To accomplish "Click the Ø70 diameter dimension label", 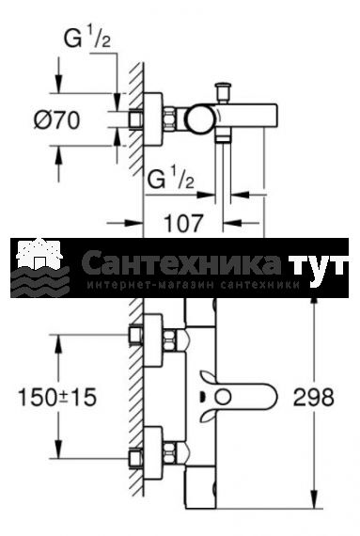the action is pos(57,120).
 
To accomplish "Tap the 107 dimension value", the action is pos(183,223).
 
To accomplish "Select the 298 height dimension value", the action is pos(314,397).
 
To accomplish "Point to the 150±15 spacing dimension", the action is pos(57,397).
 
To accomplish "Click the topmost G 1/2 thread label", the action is pos(87,38).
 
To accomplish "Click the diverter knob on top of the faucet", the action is pos(223,91).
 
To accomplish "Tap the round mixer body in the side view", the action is pos(200,119).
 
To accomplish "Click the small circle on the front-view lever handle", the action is pos(224,398).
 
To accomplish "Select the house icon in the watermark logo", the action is pos(40,254).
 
